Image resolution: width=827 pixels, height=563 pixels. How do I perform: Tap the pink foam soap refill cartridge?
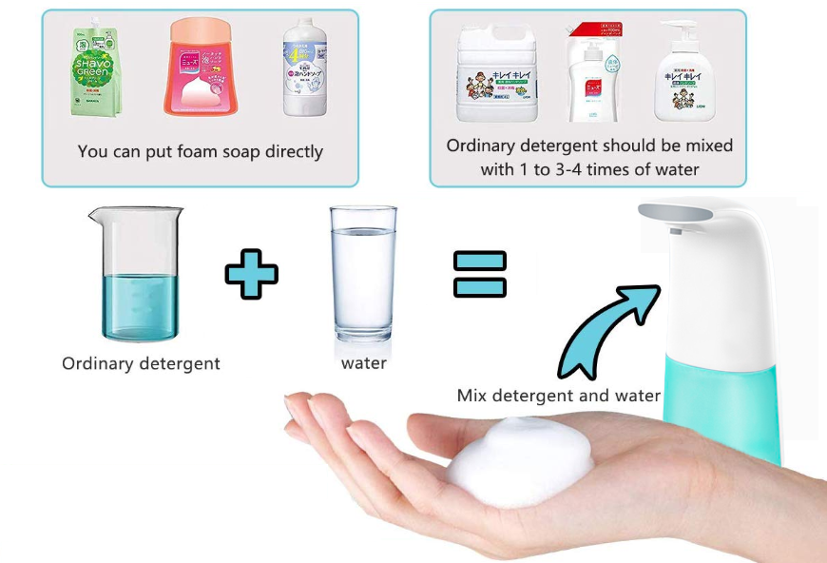tap(202, 67)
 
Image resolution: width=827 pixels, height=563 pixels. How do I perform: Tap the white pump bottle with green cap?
tap(685, 76)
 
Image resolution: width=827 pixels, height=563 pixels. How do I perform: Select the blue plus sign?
tap(252, 274)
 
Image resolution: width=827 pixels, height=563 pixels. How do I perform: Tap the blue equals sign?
tap(479, 274)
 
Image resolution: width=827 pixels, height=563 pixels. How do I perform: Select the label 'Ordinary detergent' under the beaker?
tap(141, 363)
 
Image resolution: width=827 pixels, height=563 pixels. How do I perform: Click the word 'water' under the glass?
tap(364, 362)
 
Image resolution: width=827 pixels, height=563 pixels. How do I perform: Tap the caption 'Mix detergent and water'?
tap(558, 396)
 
